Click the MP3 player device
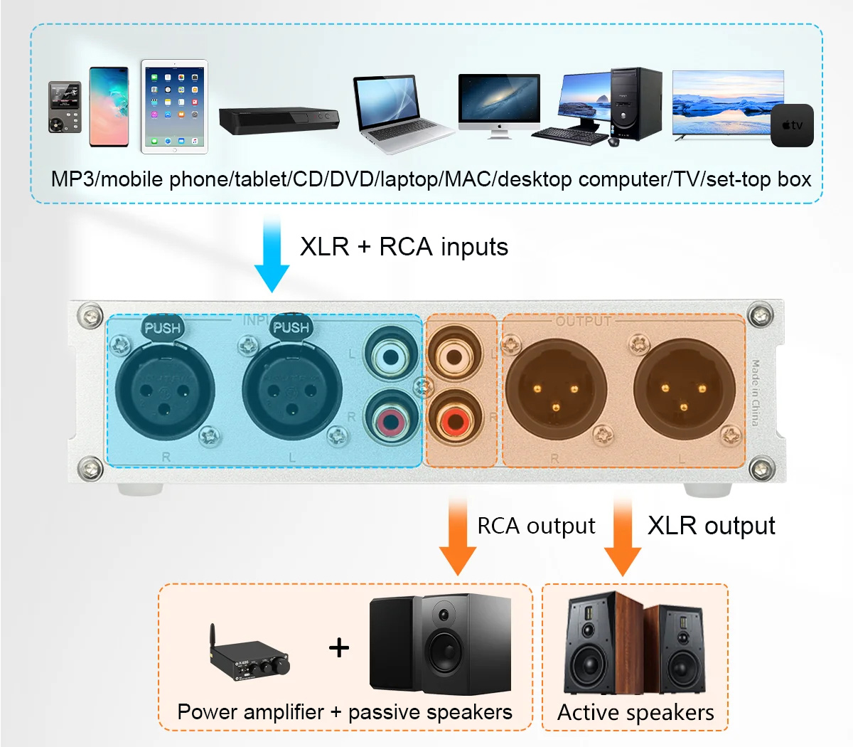(x=65, y=107)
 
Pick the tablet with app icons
(x=174, y=106)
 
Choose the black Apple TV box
(x=792, y=125)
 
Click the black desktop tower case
(x=635, y=104)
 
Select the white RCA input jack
(x=387, y=354)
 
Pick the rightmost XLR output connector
(x=684, y=389)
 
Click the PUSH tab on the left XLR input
(x=162, y=328)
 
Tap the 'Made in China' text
(x=756, y=392)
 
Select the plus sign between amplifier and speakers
(x=339, y=647)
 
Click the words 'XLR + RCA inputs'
(x=404, y=247)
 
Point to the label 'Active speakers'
(x=635, y=712)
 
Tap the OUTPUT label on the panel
(x=583, y=322)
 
